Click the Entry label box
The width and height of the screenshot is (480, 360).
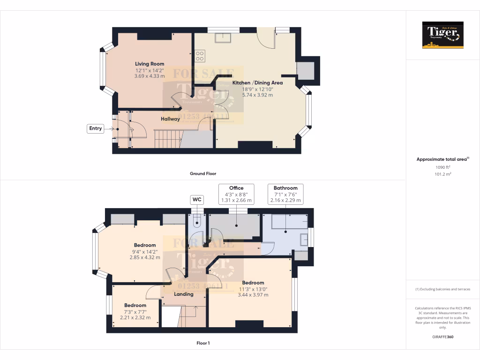pos(95,128)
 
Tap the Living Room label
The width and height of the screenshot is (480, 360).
pos(150,64)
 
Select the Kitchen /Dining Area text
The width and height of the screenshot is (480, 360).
pos(257,83)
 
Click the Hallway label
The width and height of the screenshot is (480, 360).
pos(170,119)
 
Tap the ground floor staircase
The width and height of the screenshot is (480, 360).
pos(167,139)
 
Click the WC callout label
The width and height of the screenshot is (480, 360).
pos(197,200)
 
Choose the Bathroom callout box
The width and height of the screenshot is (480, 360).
pos(285,194)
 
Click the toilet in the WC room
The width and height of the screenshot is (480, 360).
pos(197,221)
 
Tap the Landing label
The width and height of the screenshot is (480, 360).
pos(184,294)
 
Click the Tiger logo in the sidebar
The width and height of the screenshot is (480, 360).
pos(442,35)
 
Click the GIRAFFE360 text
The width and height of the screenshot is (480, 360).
pos(442,337)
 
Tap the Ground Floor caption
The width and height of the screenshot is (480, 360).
pos(203,173)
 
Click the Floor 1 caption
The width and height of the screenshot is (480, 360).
pos(203,343)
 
